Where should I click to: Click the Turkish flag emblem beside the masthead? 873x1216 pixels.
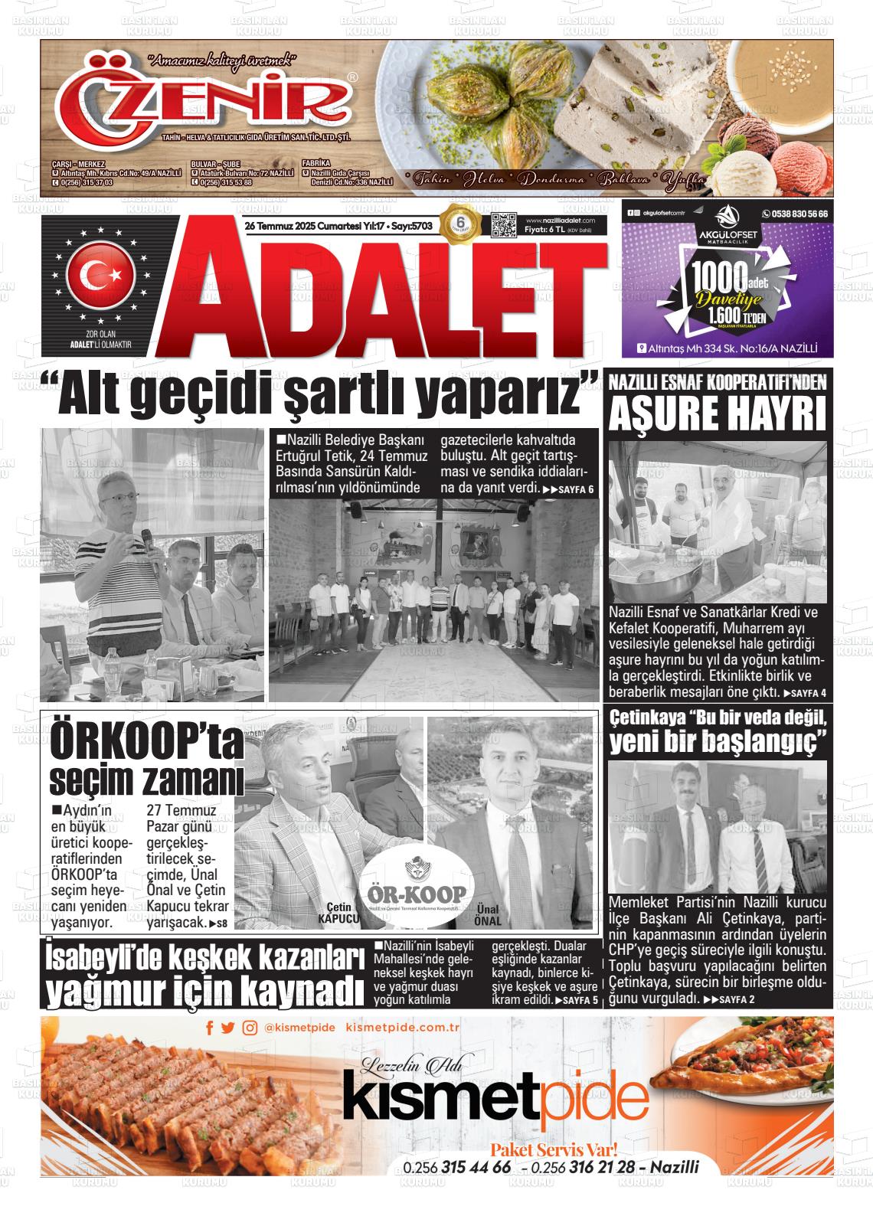pos(102,273)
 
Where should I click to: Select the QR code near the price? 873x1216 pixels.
pos(502,227)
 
